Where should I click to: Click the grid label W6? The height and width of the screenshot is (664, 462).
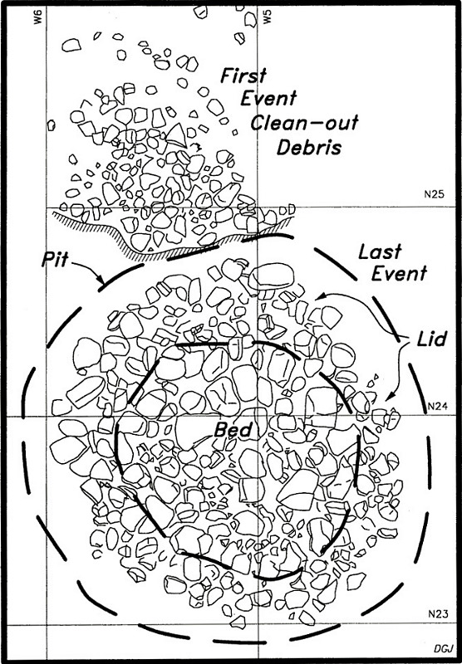point(38,17)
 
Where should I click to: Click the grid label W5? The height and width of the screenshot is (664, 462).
point(267,17)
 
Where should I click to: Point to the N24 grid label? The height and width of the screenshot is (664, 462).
point(435,406)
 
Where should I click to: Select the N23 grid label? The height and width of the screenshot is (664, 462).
point(438,614)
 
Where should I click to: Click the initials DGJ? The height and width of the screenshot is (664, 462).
point(441,649)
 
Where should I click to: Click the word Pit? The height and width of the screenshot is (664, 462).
point(55,260)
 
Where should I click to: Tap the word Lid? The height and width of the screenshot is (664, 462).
point(430,339)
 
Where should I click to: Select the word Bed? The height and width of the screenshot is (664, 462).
point(233,430)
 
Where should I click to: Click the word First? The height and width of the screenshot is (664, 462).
point(243,76)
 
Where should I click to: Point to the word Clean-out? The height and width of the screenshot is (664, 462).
point(305,124)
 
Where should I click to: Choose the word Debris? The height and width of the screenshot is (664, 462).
point(309,148)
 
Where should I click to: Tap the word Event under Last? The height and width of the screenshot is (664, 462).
point(399,274)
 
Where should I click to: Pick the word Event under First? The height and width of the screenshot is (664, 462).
point(268,98)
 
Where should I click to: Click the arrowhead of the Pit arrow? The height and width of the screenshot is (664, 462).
point(101,281)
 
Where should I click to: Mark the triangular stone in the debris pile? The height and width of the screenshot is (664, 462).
point(177,135)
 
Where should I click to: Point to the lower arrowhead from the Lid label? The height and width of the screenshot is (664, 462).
point(390,398)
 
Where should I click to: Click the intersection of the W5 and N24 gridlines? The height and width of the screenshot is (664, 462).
point(258,417)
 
